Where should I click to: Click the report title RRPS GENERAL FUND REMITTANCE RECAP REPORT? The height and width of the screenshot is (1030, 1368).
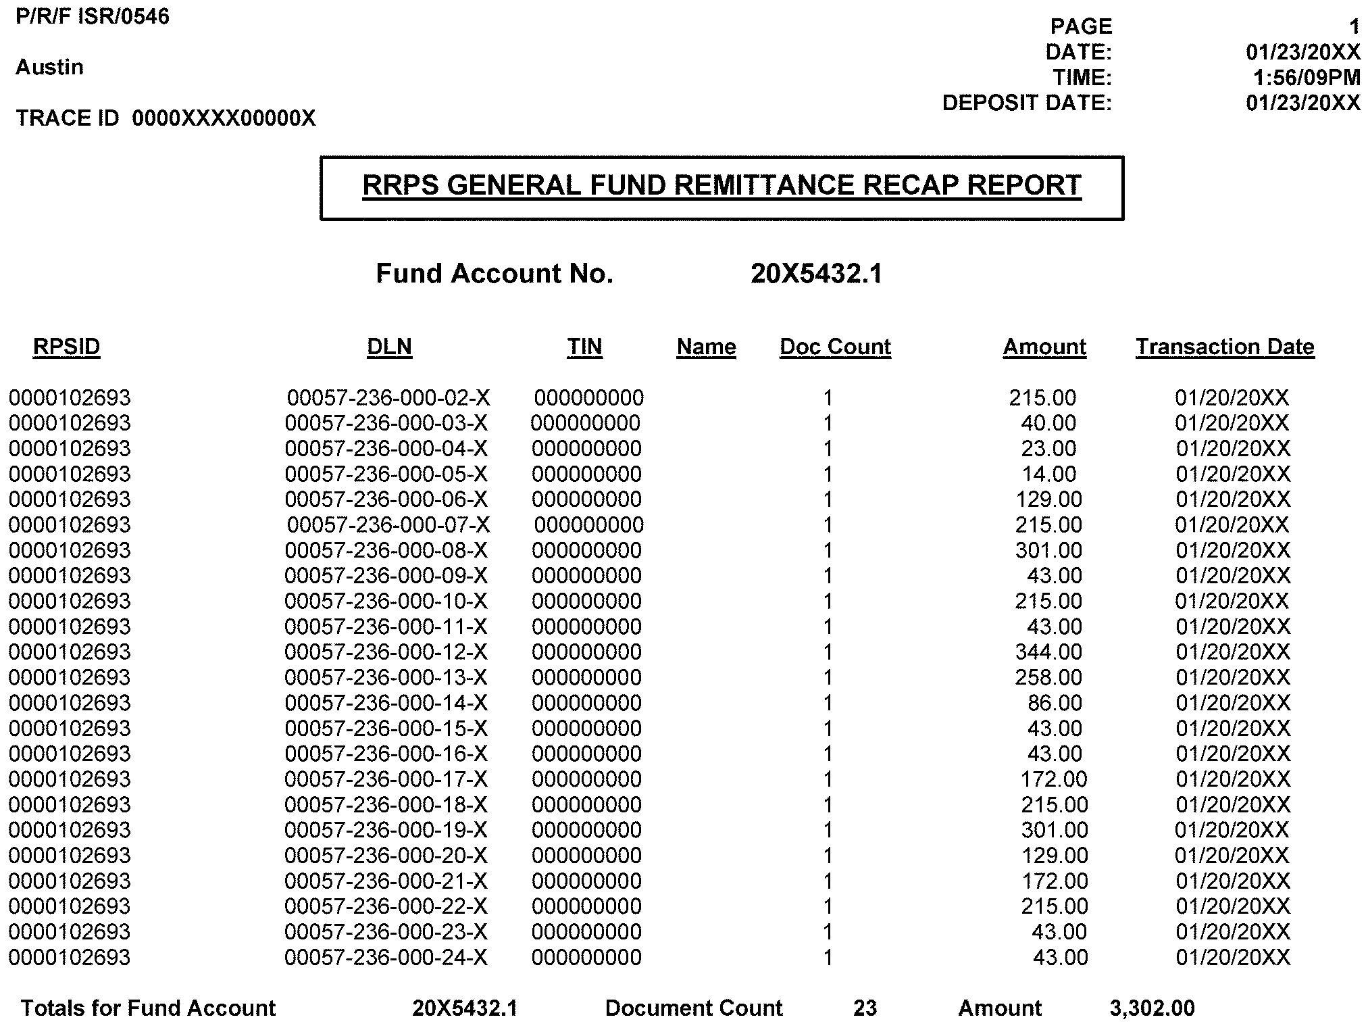721,186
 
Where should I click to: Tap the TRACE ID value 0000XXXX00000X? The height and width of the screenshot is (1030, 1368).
224,118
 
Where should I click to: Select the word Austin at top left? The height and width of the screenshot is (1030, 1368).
50,67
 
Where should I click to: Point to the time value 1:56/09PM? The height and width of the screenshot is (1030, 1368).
1306,78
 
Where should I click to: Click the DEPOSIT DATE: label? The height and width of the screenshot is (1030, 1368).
1027,103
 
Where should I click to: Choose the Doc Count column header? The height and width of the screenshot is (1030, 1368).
835,347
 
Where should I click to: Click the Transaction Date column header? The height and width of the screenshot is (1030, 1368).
1225,347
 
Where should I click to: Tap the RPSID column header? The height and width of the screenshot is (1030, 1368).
66,347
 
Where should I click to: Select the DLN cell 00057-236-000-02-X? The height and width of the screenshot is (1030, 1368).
388,398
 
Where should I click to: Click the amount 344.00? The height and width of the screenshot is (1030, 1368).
1048,652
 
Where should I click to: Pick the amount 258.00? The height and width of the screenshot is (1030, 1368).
1048,677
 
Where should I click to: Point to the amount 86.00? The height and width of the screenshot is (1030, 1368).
1054,703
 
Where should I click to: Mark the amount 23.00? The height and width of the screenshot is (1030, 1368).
1048,449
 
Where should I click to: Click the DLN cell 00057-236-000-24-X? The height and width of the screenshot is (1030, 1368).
386,957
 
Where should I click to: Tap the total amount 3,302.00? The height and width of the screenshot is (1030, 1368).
1152,1008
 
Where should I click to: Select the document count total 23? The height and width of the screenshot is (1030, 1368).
865,1008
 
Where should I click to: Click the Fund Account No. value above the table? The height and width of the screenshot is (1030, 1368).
816,274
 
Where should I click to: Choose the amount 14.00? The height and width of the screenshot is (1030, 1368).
1048,474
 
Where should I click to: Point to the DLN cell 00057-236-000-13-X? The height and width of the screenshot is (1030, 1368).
386,677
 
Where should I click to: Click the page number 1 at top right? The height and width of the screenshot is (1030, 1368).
1354,27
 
